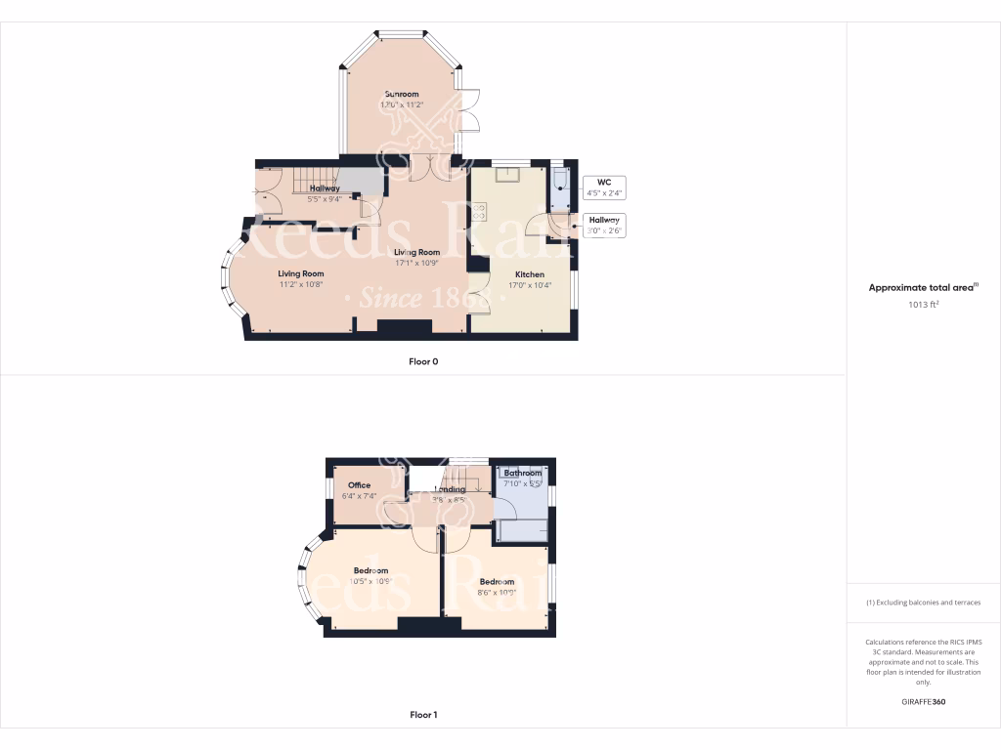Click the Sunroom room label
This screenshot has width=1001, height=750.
(x=401, y=94)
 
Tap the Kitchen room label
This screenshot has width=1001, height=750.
(x=525, y=274)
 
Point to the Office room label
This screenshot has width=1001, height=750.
(x=359, y=485)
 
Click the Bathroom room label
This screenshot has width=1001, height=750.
(x=522, y=473)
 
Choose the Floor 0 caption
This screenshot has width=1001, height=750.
(x=423, y=361)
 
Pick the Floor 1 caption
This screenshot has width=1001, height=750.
(x=423, y=715)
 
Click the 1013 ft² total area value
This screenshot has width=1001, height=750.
(x=923, y=305)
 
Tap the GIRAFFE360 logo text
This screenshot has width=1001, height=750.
(x=924, y=702)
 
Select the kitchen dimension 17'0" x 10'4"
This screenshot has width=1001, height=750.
(x=525, y=285)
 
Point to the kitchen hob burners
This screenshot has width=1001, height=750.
(x=479, y=211)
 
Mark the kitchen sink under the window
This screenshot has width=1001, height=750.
(x=508, y=175)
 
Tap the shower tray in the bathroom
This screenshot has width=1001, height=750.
(x=522, y=530)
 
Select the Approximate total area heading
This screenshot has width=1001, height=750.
(x=923, y=288)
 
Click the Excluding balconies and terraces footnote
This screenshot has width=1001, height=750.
(x=923, y=603)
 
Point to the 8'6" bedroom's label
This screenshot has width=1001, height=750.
(x=497, y=582)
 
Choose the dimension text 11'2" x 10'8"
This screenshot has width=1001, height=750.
(x=300, y=284)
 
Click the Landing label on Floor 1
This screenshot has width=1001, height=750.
(x=450, y=489)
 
